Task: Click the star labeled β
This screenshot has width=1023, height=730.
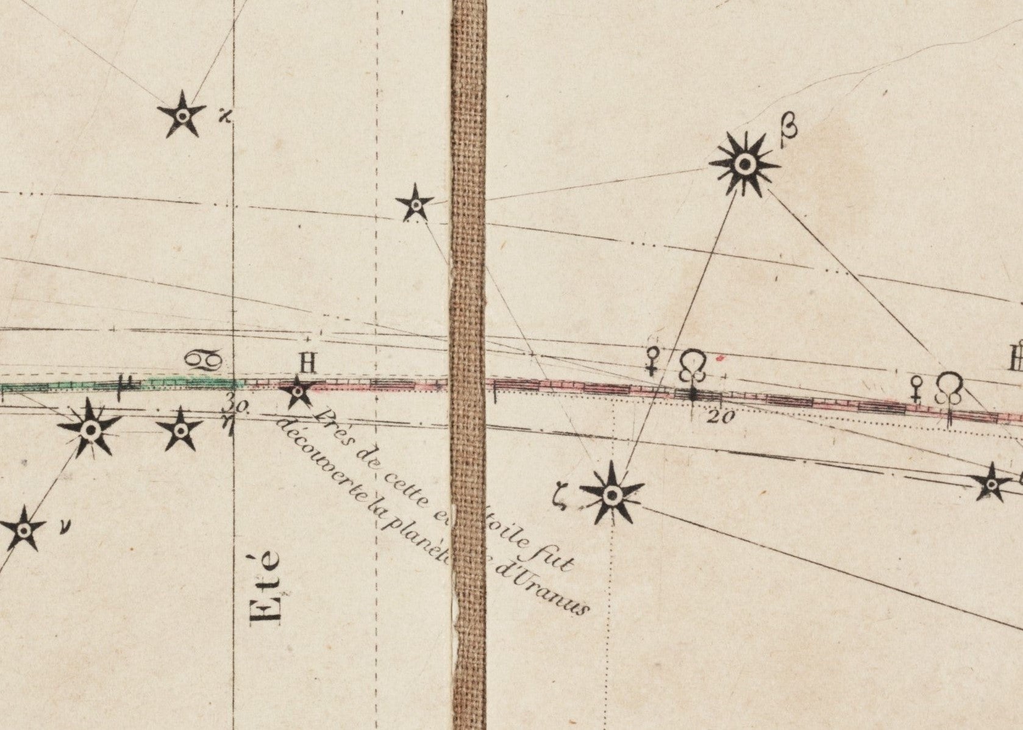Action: point(744,163)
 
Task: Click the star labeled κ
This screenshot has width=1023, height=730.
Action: point(181,115)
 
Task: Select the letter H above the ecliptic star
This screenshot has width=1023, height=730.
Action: point(307,364)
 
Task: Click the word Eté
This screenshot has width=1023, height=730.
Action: point(267,587)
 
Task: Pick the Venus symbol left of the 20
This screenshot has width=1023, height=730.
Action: point(653,361)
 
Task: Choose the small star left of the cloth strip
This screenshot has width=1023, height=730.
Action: point(415,204)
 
